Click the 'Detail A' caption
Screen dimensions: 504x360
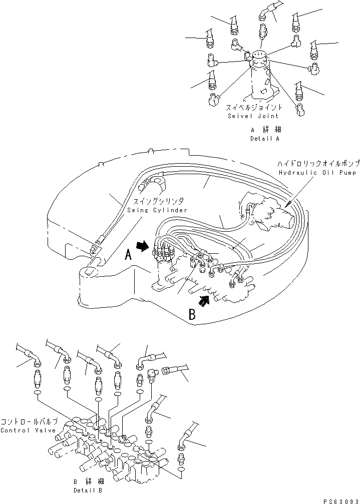point(264,139)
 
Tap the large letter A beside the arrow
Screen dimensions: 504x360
point(128,255)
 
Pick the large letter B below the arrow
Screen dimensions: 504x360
point(191,314)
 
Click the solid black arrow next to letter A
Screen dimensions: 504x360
point(143,246)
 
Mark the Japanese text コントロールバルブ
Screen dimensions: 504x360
point(29,422)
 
